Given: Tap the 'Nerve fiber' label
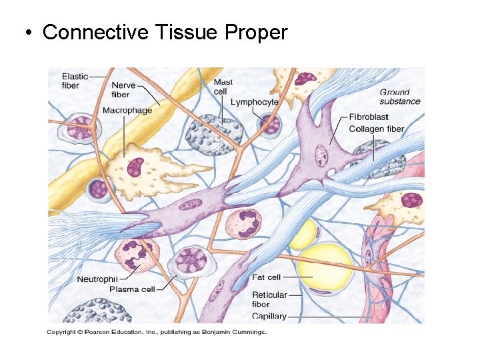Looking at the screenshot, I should click(123, 90).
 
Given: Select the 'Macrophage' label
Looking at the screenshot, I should click(127, 110).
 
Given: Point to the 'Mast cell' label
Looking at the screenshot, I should click(223, 86).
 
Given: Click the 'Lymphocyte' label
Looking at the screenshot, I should click(254, 102).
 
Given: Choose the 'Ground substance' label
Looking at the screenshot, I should click(400, 97).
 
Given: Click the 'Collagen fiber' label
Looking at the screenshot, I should click(377, 129).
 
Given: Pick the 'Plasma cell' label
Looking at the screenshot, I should click(132, 289).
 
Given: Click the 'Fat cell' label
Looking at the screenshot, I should click(267, 277).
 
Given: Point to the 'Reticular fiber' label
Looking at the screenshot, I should click(269, 299).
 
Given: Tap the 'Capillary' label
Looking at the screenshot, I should click(269, 316).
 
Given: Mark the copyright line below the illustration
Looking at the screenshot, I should click(157, 331).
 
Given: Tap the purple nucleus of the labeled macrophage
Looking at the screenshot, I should click(135, 165).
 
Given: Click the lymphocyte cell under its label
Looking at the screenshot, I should click(269, 124).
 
